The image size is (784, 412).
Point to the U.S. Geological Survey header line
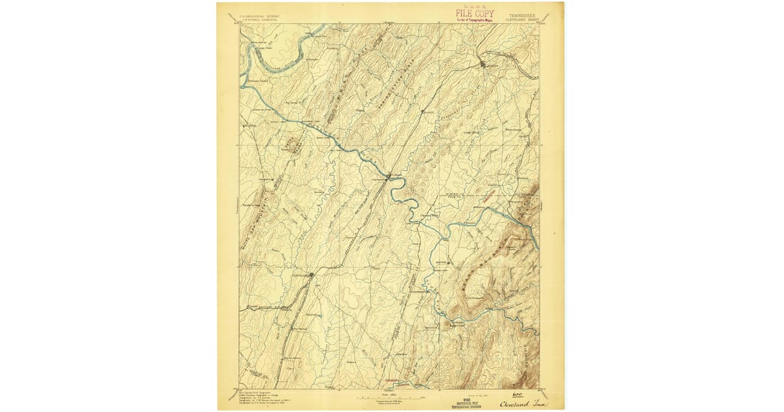coord(257,15)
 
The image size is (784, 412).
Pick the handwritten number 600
coord(500,394)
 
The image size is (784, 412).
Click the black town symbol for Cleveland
coord(312,275)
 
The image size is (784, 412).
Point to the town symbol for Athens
coord(482,63)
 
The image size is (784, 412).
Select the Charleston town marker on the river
coord(389,176)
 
